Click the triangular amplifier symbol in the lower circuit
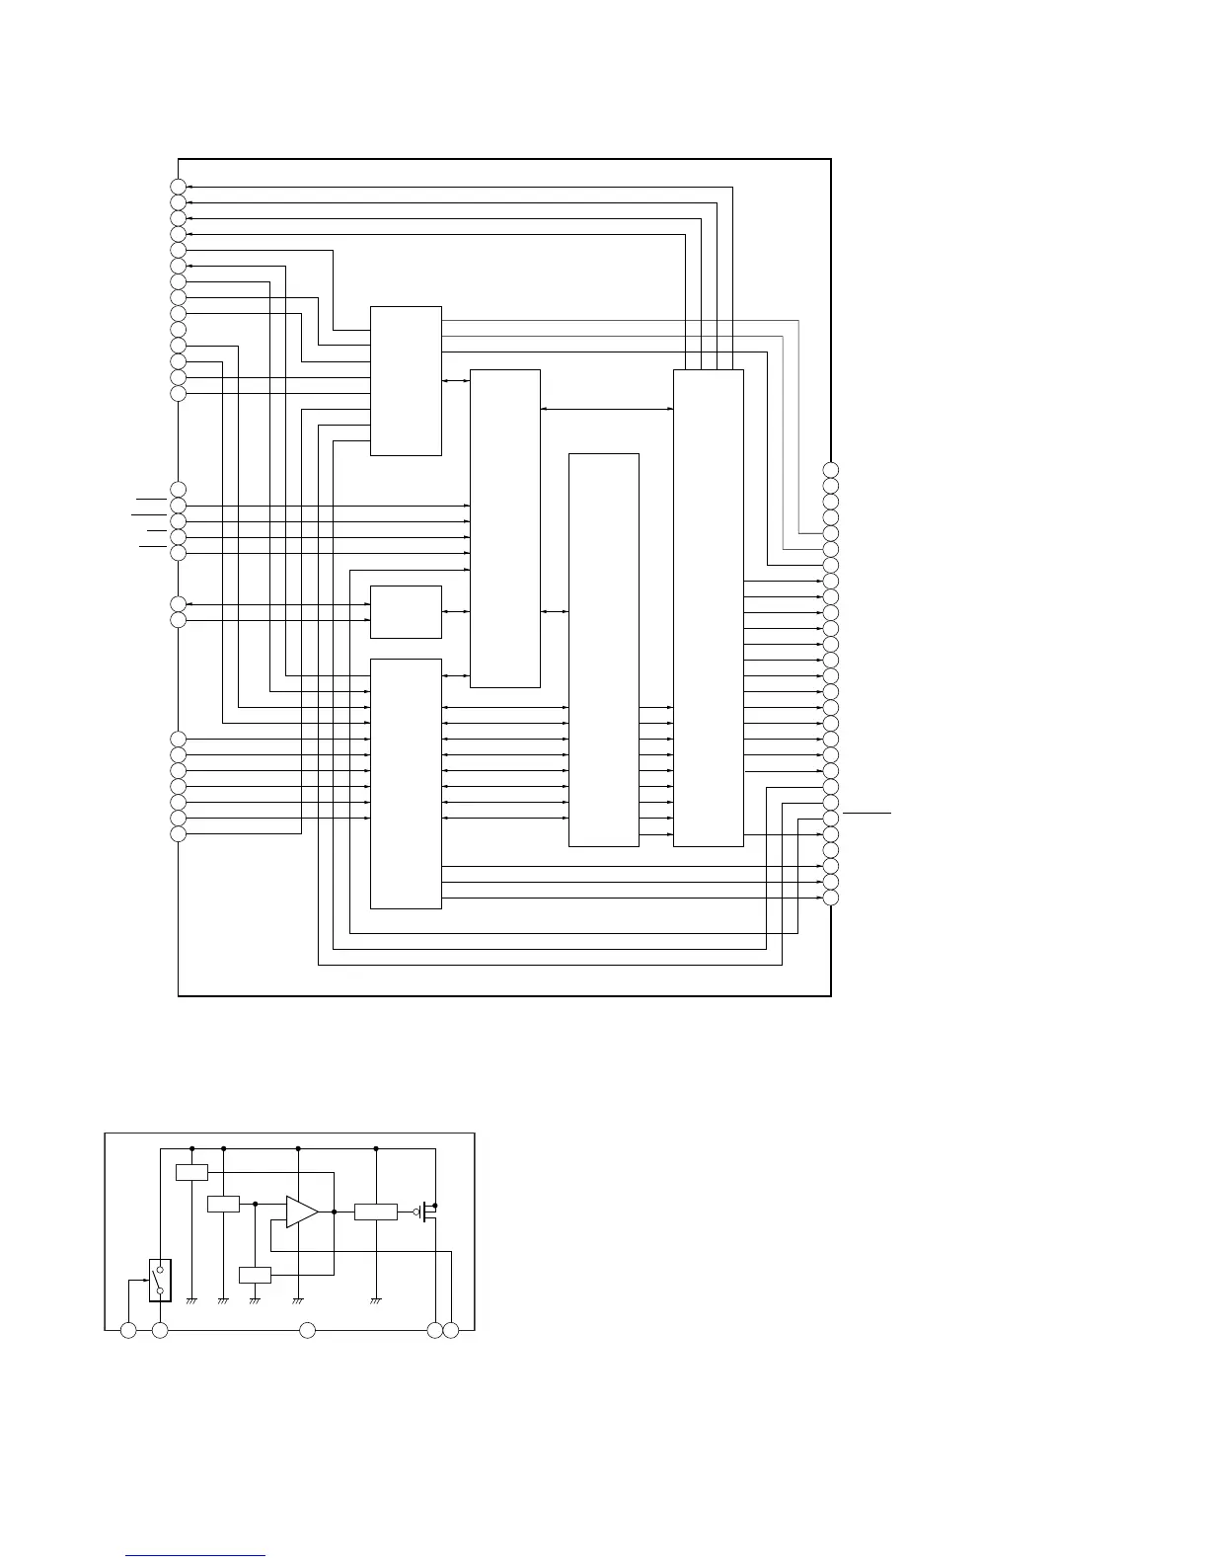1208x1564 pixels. click(x=302, y=1212)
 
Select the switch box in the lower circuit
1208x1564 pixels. click(x=160, y=1281)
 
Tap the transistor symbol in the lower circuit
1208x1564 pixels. click(x=428, y=1212)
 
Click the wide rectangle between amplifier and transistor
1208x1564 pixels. click(x=376, y=1212)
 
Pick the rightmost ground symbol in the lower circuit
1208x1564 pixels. click(x=376, y=1300)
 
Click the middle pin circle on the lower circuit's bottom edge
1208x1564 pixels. click(x=307, y=1331)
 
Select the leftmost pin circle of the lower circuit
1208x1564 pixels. click(x=128, y=1331)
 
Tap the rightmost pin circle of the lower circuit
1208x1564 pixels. click(x=451, y=1331)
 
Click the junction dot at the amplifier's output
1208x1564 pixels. click(x=335, y=1212)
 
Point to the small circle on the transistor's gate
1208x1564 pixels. click(x=416, y=1212)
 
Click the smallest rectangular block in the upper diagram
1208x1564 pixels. click(x=406, y=612)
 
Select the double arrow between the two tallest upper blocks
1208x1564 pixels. click(x=607, y=409)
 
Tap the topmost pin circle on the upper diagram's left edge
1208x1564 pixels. click(x=178, y=187)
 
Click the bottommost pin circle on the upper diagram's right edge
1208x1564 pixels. click(x=831, y=898)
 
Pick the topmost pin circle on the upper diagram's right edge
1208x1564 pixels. click(x=831, y=469)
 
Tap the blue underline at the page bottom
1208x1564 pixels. click(x=195, y=1556)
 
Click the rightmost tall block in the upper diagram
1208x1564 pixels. click(x=708, y=607)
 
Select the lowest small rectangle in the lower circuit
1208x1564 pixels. click(x=255, y=1275)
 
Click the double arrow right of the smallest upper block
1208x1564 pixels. click(x=456, y=612)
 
